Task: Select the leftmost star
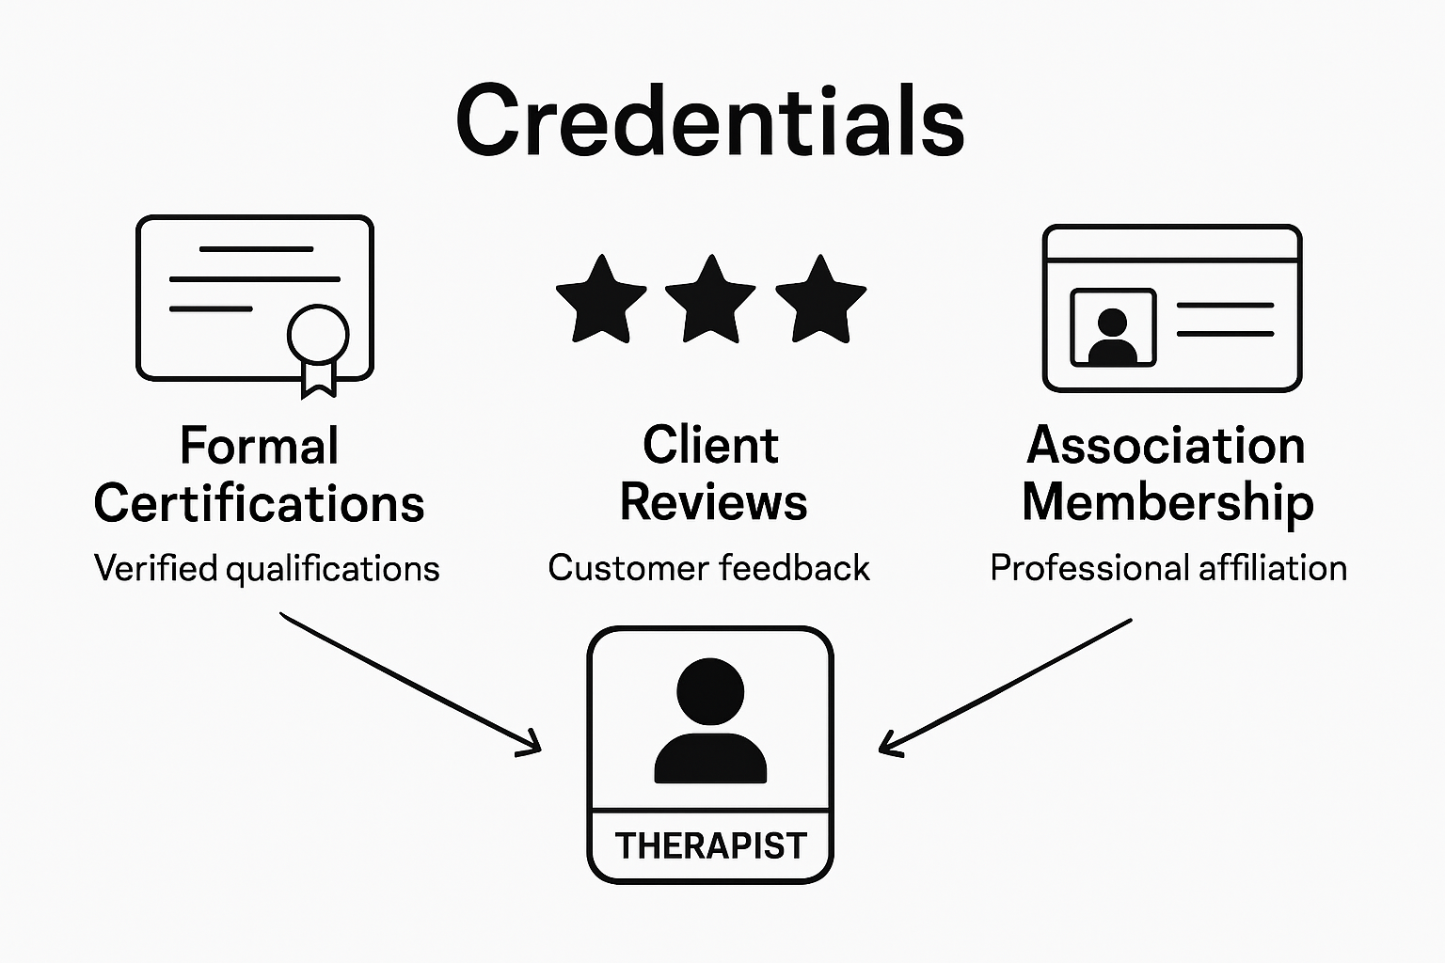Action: click(601, 300)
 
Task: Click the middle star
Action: click(710, 300)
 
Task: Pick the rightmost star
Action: click(820, 300)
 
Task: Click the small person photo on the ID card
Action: click(1113, 327)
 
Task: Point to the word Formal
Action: click(259, 446)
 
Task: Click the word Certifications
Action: click(259, 503)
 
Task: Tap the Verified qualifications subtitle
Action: click(266, 569)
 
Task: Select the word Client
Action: click(710, 445)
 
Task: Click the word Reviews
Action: click(713, 502)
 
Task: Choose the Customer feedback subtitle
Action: click(708, 568)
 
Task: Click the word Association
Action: click(1166, 445)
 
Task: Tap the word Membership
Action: click(1167, 502)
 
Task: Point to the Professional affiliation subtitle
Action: click(1168, 568)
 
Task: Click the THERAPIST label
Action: click(711, 845)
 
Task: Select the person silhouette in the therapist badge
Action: click(710, 722)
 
